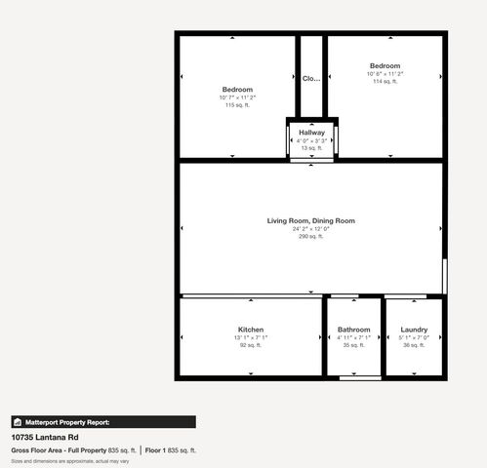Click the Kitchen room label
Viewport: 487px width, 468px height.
251,330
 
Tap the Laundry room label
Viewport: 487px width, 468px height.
414,330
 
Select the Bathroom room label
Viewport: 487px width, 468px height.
353,330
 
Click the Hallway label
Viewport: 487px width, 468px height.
311,133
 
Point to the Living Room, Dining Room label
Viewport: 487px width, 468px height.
311,220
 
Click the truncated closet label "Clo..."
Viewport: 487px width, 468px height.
311,78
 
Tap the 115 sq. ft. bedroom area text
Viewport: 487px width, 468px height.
237,105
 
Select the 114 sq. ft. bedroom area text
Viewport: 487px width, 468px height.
385,82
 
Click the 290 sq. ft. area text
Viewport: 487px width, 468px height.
311,236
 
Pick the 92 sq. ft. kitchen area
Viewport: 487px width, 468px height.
251,345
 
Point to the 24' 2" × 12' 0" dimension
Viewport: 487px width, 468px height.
311,228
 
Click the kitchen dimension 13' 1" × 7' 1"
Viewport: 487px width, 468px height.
251,337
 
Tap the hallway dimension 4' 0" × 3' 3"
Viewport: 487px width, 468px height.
311,140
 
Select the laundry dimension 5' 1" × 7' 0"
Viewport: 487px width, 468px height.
414,337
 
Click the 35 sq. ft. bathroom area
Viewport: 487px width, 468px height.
353,345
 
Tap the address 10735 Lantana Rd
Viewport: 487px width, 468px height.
43,438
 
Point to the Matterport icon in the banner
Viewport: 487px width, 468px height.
18,422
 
